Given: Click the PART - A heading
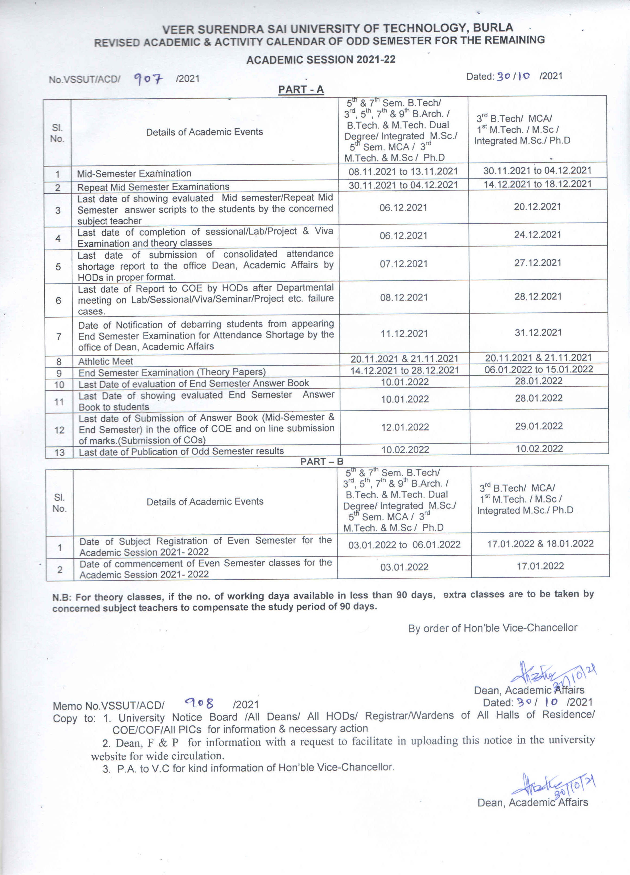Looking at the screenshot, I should [301, 90].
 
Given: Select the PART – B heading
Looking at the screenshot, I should [322, 461].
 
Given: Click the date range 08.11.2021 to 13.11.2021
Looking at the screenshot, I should [403, 172].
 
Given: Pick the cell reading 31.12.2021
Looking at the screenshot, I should [538, 333].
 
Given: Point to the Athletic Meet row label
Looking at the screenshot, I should [106, 361].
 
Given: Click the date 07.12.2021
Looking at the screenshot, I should [403, 264].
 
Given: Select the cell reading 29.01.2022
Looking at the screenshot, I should [539, 426].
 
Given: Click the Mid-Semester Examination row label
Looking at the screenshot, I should [134, 174].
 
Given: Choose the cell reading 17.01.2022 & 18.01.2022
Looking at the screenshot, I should [540, 544].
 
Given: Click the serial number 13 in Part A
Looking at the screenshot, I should [59, 452].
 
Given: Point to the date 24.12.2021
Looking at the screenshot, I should [537, 235].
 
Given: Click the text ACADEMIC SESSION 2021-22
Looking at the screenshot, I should [321, 60].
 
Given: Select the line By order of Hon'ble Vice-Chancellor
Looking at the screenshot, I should [493, 628].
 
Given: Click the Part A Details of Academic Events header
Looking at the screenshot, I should [205, 132].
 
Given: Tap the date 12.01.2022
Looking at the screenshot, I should [405, 427].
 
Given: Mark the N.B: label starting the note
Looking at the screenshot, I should [62, 598].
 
